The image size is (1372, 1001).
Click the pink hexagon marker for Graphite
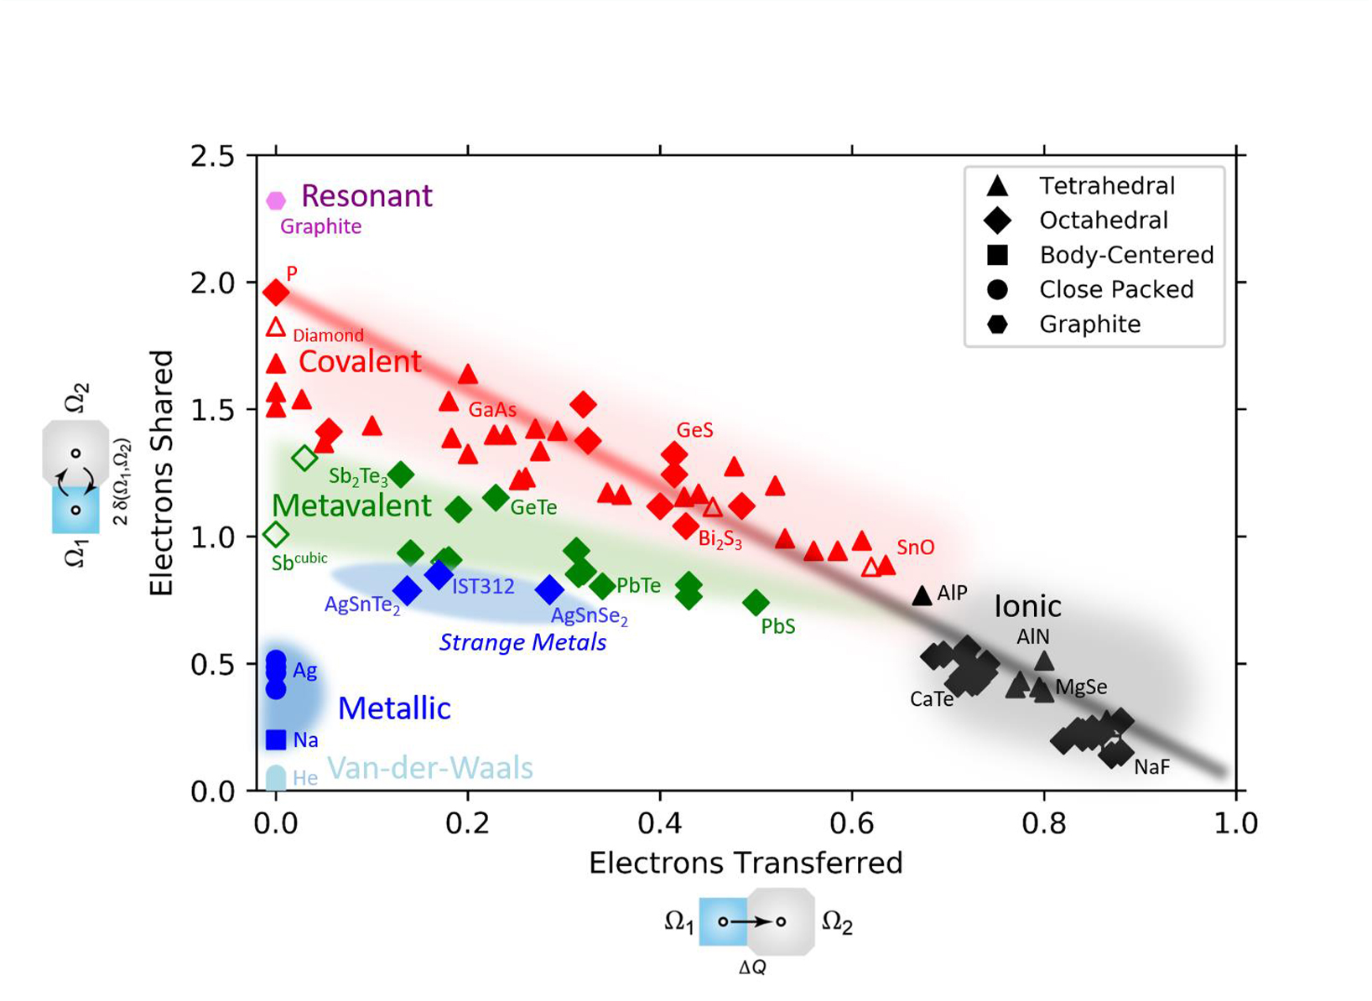click(276, 200)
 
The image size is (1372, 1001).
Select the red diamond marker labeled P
click(276, 293)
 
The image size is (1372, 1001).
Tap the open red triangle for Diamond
click(276, 328)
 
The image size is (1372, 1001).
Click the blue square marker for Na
click(276, 739)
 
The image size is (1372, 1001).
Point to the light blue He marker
click(276, 778)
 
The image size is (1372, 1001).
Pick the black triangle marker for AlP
click(922, 595)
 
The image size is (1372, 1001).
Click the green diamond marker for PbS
click(756, 602)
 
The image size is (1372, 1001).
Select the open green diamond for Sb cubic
click(276, 534)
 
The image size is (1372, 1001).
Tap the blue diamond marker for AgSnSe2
click(549, 590)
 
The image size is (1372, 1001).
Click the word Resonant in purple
click(366, 195)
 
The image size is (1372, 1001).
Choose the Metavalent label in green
click(351, 506)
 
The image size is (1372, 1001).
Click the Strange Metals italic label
click(522, 643)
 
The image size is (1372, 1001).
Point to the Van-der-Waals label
click(429, 768)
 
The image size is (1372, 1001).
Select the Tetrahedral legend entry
click(1106, 185)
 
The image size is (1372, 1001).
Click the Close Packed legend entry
click(1115, 289)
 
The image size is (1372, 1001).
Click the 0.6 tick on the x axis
click(852, 822)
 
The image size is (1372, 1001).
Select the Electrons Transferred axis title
click(746, 863)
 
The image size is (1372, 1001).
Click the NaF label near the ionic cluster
click(1151, 767)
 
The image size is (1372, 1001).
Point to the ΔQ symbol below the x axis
click(752, 967)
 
